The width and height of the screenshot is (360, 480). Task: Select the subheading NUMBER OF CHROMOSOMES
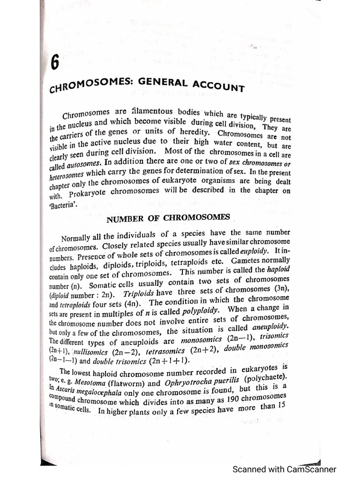point(168,218)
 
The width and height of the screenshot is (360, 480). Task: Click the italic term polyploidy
point(192,311)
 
